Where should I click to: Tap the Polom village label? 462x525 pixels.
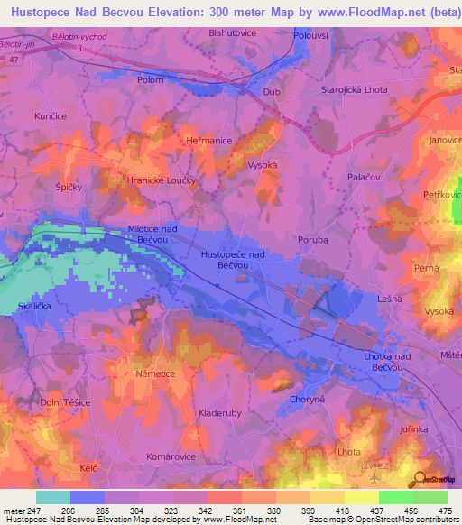click(x=150, y=80)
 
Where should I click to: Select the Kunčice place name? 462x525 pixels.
click(x=51, y=117)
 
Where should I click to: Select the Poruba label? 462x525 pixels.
click(x=311, y=240)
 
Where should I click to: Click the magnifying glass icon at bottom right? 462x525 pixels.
click(x=417, y=478)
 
